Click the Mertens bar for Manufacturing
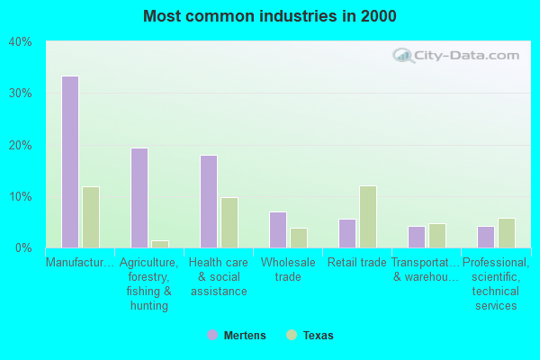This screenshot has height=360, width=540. click(70, 162)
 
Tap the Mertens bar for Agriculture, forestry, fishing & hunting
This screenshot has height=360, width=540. click(139, 198)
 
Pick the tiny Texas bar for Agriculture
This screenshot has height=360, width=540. click(160, 244)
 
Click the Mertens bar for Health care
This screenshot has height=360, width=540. click(209, 202)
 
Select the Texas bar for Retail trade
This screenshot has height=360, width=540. click(368, 217)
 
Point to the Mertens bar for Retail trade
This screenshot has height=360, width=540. click(347, 233)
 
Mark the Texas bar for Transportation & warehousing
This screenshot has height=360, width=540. click(437, 236)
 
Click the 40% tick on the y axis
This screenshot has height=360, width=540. click(21, 41)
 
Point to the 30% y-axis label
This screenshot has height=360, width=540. click(21, 94)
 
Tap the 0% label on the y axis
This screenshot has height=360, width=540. click(23, 247)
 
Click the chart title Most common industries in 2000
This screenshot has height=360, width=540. click(269, 16)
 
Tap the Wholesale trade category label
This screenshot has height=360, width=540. click(288, 269)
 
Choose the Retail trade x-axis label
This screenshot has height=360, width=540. click(356, 263)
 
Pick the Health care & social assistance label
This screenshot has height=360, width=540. click(218, 276)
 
